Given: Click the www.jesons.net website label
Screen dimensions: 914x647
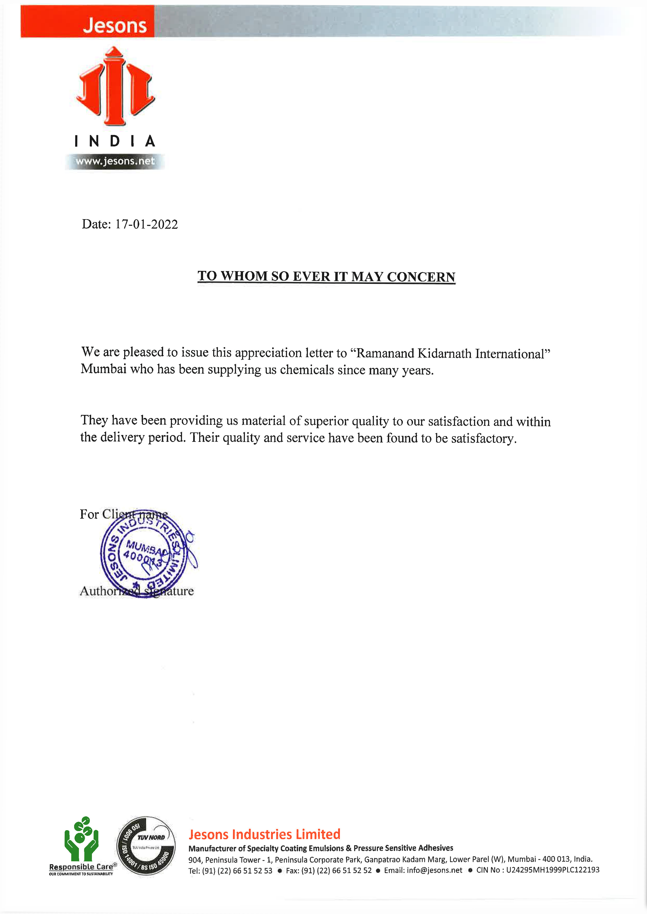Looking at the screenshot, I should click(x=115, y=161).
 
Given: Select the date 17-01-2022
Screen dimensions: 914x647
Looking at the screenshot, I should click(x=146, y=224).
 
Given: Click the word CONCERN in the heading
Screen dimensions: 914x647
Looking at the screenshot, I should click(x=421, y=277).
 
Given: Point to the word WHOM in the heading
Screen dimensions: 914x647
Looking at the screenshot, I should click(x=244, y=276).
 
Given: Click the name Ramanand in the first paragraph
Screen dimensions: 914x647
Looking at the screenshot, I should click(x=385, y=353).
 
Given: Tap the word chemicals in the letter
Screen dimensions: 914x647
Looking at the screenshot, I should click(x=307, y=370).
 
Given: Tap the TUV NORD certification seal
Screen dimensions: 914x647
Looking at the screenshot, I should click(x=146, y=845).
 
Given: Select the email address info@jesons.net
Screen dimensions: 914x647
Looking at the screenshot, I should click(x=434, y=870).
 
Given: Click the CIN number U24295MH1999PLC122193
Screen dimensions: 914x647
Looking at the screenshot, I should click(x=552, y=870).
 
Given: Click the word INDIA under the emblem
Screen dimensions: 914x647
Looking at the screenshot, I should click(x=115, y=141).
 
